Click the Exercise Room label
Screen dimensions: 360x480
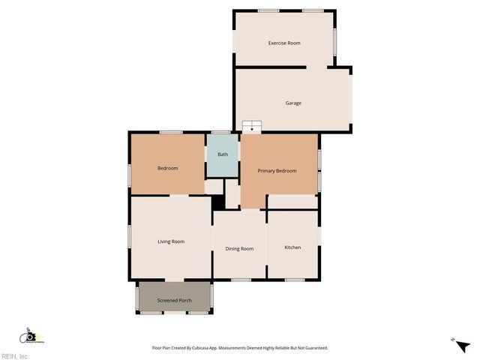(x=284, y=43)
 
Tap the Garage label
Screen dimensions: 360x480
(x=293, y=103)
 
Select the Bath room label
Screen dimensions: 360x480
(x=223, y=154)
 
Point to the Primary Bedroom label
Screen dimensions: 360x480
(x=277, y=171)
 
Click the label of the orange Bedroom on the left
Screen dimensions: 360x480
(x=167, y=168)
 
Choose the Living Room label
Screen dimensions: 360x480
(x=171, y=241)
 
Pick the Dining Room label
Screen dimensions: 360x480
(x=239, y=248)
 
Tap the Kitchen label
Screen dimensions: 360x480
(x=292, y=247)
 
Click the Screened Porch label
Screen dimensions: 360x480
(x=174, y=301)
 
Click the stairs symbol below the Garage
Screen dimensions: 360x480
(x=252, y=126)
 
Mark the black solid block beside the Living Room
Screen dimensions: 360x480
(x=217, y=202)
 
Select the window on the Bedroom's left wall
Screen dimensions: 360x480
(x=130, y=175)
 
